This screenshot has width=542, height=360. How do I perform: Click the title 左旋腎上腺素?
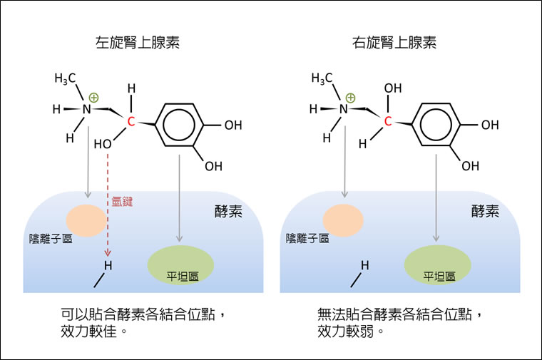pyautogui.click(x=137, y=43)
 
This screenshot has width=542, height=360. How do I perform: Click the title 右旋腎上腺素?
pyautogui.click(x=394, y=43)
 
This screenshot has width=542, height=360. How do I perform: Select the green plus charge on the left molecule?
pyautogui.click(x=94, y=98)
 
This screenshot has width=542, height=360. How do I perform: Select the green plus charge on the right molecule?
pyautogui.click(x=350, y=98)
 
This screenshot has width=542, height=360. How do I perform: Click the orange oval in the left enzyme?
pyautogui.click(x=86, y=220)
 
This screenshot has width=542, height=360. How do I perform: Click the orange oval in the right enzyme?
pyautogui.click(x=344, y=220)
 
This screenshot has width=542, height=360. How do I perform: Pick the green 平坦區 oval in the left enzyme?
pyautogui.click(x=180, y=264)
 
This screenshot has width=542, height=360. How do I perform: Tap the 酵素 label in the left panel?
pyautogui.click(x=227, y=211)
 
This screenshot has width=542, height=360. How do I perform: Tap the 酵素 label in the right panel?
pyautogui.click(x=485, y=211)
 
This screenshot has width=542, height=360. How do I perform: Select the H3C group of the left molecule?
pyautogui.click(x=65, y=78)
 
